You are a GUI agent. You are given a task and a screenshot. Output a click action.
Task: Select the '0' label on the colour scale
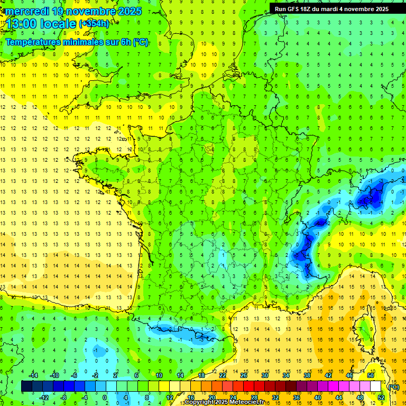105,397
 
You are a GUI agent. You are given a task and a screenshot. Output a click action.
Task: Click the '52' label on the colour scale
381,397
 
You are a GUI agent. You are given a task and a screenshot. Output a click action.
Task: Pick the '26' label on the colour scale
243,375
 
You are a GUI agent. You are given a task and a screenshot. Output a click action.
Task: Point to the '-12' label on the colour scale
45,397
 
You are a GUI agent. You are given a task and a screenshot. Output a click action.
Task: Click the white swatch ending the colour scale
375,386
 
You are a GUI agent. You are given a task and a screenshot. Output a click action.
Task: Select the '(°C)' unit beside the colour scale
393,386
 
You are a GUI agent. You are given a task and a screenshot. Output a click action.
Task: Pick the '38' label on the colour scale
307,375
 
